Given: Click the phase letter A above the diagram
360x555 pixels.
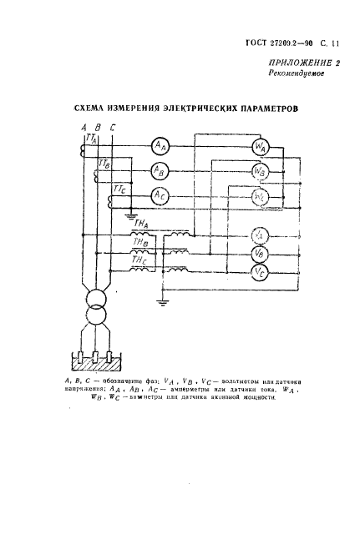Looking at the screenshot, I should point(84,126).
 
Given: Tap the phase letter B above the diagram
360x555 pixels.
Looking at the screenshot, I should point(98,126).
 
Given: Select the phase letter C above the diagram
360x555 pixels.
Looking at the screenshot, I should point(112,126).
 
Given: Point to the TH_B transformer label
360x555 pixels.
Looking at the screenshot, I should point(139,242).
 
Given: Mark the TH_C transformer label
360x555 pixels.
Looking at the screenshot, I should point(139,261).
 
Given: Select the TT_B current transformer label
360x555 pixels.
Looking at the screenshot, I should point(105,165).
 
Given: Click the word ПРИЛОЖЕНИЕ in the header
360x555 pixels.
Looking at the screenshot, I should point(296,63).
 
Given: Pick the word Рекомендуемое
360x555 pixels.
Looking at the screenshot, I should point(297,74).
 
